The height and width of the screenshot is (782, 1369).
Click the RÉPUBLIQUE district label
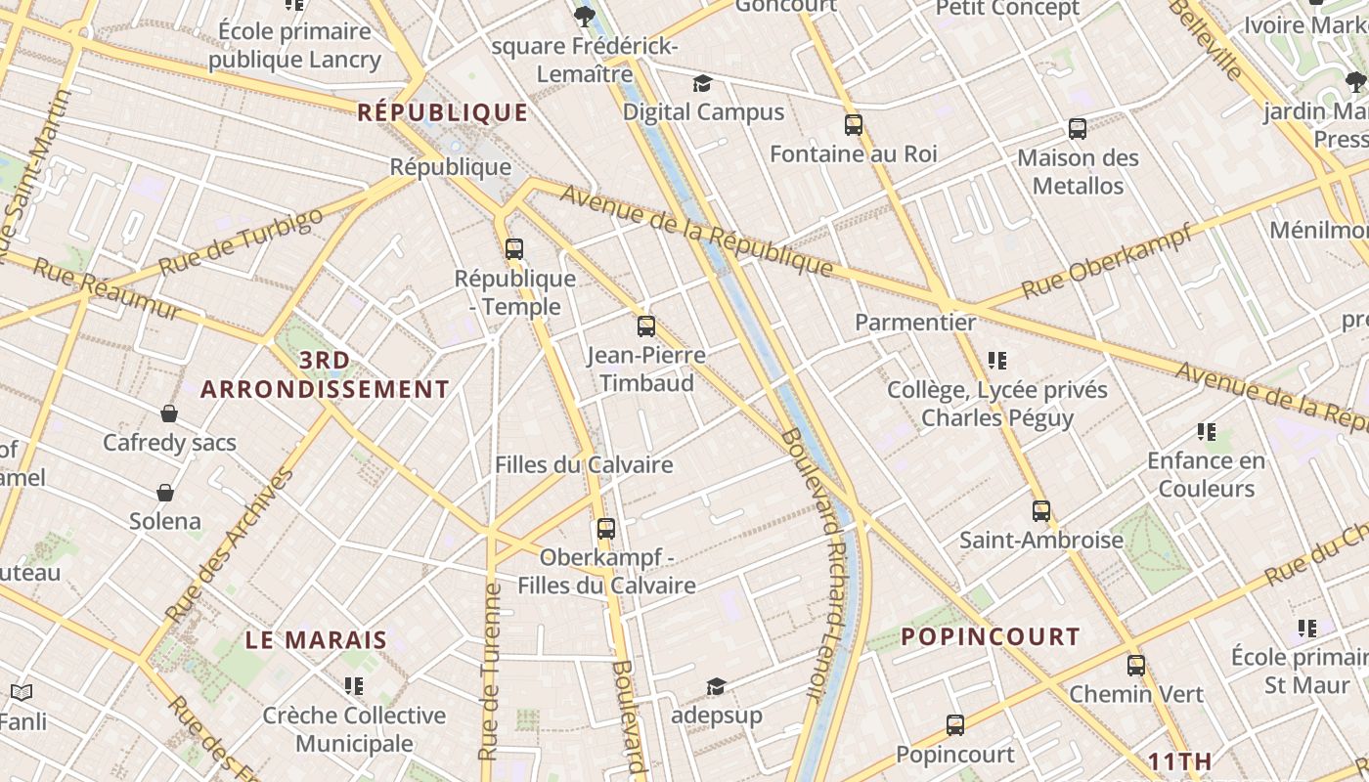[x=443, y=112]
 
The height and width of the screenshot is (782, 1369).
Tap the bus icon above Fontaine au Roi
[x=854, y=125]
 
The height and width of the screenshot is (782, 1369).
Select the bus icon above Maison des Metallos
[x=1078, y=129]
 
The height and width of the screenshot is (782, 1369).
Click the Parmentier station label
[x=915, y=323]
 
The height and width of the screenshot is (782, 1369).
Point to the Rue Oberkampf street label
[x=1107, y=261]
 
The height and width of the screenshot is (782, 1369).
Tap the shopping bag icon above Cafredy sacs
[x=169, y=413]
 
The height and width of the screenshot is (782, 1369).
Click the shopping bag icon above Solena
[x=165, y=492]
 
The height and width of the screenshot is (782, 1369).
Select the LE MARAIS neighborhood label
[x=316, y=641]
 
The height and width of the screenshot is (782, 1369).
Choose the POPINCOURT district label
[x=991, y=637]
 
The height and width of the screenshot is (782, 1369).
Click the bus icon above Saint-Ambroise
[x=1041, y=511]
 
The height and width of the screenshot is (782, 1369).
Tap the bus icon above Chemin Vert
[x=1136, y=666]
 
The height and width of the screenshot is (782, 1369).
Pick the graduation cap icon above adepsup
[x=717, y=686]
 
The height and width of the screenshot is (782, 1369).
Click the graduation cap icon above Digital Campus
[x=703, y=83]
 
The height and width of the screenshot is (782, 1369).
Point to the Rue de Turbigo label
[x=240, y=241]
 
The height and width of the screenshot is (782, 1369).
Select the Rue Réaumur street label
[x=108, y=288]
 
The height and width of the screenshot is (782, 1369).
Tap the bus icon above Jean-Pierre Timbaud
[x=646, y=326]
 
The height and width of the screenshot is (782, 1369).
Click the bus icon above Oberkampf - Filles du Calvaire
[x=606, y=529]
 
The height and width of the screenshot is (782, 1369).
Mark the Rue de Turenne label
[x=490, y=672]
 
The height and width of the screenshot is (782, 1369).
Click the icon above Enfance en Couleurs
[x=1207, y=432]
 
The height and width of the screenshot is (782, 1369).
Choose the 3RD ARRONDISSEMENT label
[x=325, y=375]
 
